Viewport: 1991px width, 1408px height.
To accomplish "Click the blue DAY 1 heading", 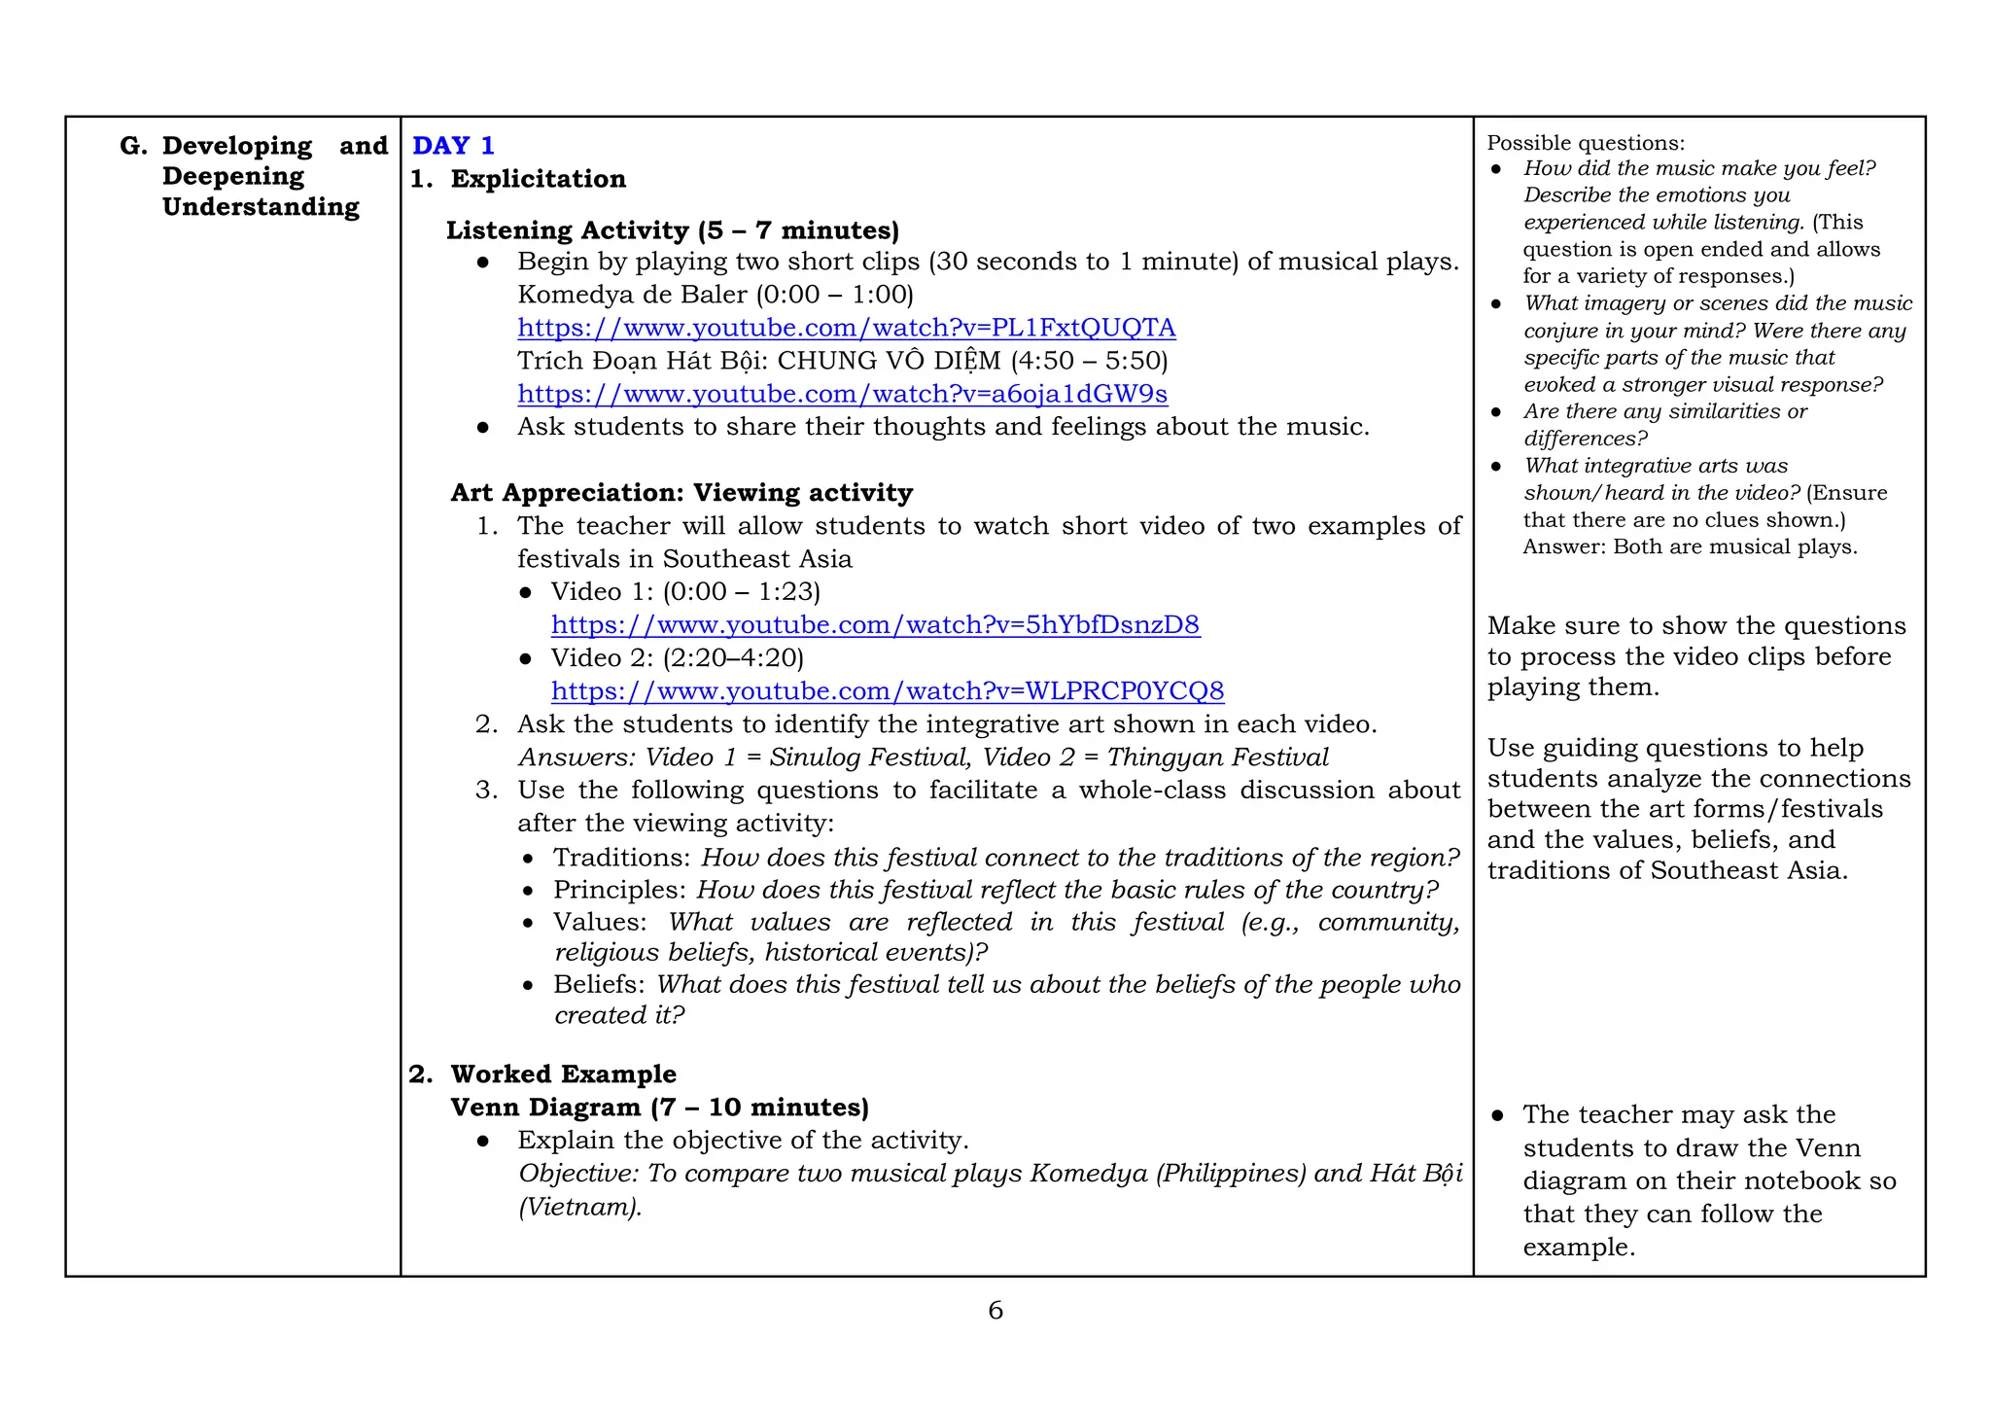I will (x=453, y=146).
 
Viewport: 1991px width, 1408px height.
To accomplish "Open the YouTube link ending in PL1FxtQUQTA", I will (x=846, y=328).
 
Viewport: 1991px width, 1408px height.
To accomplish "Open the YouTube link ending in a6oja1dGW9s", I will (x=842, y=394).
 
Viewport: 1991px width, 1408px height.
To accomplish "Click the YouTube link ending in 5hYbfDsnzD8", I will (x=875, y=625).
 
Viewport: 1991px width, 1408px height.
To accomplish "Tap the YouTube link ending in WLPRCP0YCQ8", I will (x=887, y=691).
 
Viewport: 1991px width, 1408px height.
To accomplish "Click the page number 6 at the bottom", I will (x=995, y=1311).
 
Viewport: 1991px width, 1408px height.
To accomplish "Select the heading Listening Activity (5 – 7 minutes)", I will (x=672, y=230).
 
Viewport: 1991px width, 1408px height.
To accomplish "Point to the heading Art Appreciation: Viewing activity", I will (x=681, y=493).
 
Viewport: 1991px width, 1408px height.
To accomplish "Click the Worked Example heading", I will (x=563, y=1074).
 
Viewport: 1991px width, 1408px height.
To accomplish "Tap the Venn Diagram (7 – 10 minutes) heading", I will (x=659, y=1108).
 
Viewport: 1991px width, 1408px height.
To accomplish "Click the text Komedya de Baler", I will (x=632, y=295).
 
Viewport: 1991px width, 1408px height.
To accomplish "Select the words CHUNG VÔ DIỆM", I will (x=889, y=361).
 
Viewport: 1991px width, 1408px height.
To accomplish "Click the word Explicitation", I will (x=538, y=179).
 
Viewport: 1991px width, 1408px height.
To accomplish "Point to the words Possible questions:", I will (x=1586, y=143).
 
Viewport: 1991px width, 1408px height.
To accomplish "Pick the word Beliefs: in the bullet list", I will (x=599, y=985).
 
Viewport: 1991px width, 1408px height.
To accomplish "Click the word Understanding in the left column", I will (x=261, y=207).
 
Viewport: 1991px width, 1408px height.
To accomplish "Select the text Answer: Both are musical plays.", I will (x=1690, y=546).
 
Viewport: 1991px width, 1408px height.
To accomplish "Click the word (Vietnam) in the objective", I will (x=579, y=1208).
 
